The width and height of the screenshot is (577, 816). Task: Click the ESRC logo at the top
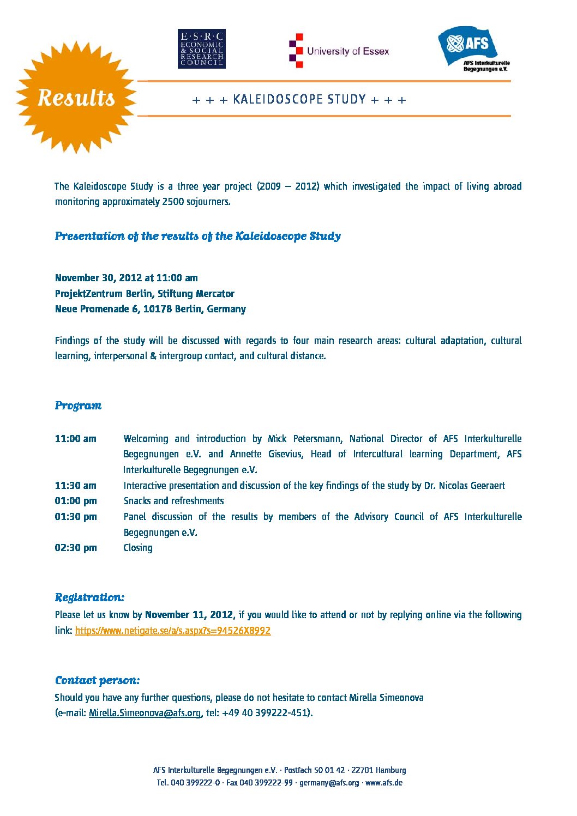coord(201,49)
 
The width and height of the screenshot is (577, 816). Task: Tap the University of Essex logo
coord(339,51)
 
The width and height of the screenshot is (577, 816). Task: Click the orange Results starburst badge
coord(76,98)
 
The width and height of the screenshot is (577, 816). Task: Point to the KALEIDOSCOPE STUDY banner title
coord(299,100)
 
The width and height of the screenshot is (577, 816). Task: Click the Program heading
coord(78,406)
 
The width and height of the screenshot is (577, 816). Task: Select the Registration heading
coord(89,597)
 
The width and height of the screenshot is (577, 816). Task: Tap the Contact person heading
coord(97,680)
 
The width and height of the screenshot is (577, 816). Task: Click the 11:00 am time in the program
coord(75,439)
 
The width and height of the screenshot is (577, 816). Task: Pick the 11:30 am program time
coord(75,486)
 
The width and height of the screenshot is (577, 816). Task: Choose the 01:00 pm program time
coord(75,501)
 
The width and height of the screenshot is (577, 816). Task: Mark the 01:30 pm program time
coord(75,517)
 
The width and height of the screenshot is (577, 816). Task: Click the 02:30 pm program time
coord(75,548)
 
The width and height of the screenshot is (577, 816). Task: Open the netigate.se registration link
coord(173,631)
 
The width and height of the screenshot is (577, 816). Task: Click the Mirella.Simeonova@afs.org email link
coord(145,713)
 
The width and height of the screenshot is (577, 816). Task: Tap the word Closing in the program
coord(138,548)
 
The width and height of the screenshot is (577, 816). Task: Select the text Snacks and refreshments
coord(173,501)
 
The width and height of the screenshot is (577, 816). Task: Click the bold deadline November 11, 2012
coord(189,615)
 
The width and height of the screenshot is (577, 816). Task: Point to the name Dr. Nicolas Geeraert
coord(465,486)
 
